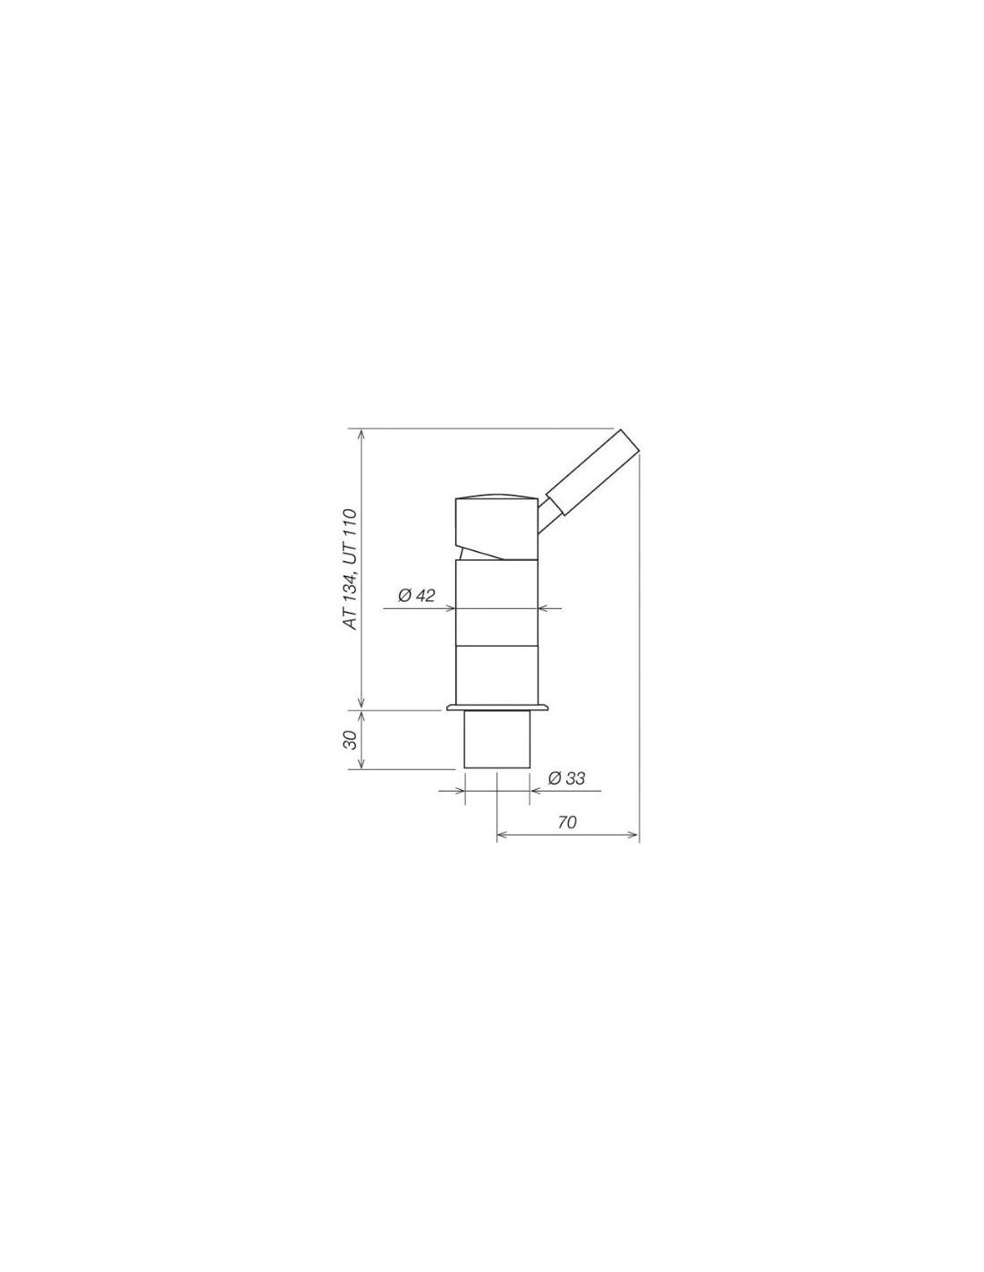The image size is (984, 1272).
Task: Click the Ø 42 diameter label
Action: coord(417,597)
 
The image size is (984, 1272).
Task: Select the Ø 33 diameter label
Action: coord(566,778)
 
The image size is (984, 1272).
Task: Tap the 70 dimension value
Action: coord(566,822)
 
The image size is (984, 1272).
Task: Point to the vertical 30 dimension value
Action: coord(350,740)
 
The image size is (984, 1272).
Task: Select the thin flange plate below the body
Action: coord(497,708)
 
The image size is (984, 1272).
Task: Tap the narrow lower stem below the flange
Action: coord(496,740)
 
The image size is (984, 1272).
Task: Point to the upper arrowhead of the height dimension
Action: coord(362,435)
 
